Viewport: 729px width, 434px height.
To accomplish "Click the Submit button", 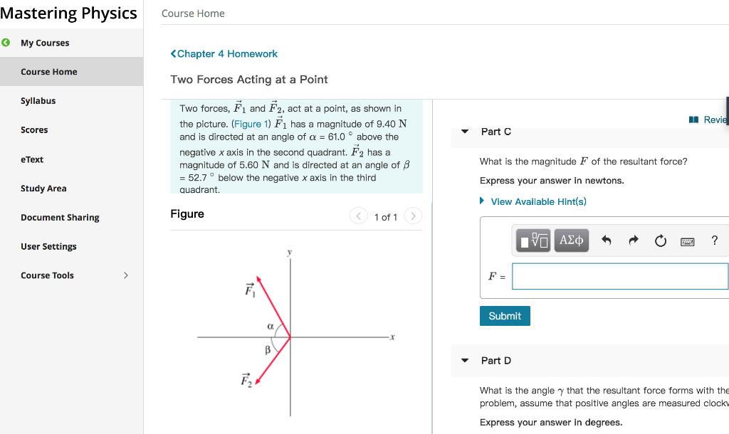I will (505, 316).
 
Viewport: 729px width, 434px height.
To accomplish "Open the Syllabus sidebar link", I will (38, 101).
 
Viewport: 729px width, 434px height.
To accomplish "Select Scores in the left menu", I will (34, 130).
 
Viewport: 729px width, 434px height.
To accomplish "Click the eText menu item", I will (32, 159).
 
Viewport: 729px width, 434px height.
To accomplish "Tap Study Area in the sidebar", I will (43, 189).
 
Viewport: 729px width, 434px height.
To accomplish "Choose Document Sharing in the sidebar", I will (60, 218).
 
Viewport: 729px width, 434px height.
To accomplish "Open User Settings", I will (48, 247).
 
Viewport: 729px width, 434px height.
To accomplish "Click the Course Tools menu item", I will (48, 275).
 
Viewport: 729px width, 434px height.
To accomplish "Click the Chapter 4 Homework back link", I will (224, 54).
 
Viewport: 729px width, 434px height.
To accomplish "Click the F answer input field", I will (619, 276).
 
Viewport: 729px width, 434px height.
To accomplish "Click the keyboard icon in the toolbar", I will (687, 241).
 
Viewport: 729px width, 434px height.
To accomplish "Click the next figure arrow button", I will (413, 216).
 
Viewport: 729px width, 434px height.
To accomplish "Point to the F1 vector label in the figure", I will (249, 290).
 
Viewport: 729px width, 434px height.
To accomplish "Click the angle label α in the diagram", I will (270, 325).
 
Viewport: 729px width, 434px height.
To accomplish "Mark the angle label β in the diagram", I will (268, 350).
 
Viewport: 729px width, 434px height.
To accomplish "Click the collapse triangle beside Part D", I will (465, 361).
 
